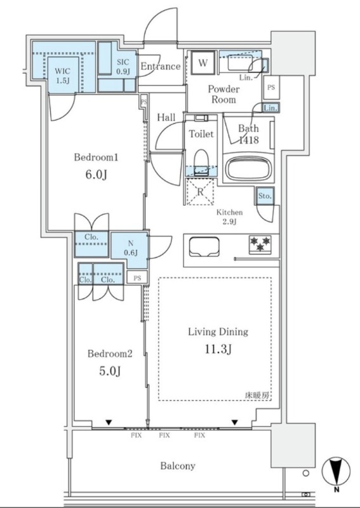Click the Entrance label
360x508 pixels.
(161, 67)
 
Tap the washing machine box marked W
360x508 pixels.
(203, 63)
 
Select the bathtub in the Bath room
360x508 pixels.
(249, 169)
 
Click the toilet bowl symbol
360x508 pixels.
(201, 162)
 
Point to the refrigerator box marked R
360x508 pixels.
(200, 192)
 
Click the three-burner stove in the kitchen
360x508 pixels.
(260, 244)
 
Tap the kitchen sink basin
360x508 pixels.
(204, 247)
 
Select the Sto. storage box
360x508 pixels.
(265, 196)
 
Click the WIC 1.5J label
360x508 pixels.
(62, 76)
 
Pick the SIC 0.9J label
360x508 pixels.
(123, 67)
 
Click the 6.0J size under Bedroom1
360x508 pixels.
(97, 175)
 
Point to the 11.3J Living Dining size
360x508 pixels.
(218, 349)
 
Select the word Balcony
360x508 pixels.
(178, 466)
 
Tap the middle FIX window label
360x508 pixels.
(164, 436)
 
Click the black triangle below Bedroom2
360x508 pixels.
(109, 422)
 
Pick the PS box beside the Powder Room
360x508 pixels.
(271, 88)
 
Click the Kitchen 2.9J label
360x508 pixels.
(229, 217)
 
